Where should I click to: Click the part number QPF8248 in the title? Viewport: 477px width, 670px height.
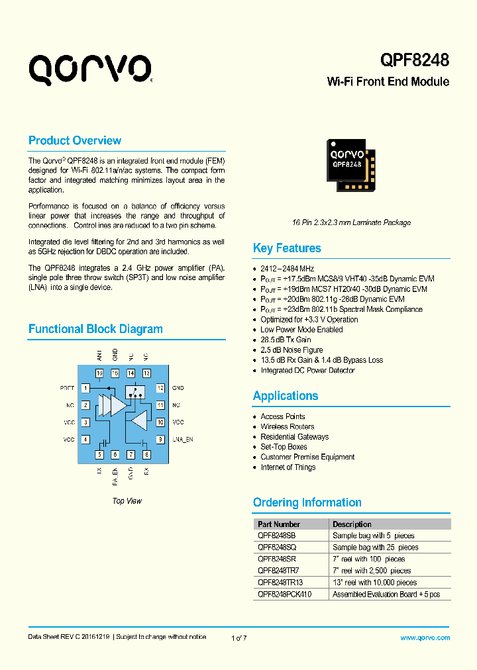tap(415, 60)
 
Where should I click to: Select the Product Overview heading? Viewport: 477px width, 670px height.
tap(75, 140)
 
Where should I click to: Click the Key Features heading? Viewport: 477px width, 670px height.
tap(287, 248)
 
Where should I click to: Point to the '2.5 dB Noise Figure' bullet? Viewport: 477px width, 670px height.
tap(291, 350)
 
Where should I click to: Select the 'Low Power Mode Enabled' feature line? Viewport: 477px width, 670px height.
tap(301, 330)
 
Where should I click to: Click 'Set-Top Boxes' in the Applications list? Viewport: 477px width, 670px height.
tap(284, 447)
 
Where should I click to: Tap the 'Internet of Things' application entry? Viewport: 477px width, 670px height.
tap(288, 467)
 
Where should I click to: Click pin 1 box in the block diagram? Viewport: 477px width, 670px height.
tap(85, 388)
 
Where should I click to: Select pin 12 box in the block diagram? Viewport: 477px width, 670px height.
tap(160, 388)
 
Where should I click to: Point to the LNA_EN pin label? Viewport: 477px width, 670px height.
tap(182, 440)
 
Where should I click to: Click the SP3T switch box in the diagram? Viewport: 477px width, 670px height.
tap(134, 392)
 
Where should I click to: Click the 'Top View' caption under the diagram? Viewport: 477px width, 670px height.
tap(127, 501)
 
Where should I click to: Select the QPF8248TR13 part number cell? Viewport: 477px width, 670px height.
tap(280, 583)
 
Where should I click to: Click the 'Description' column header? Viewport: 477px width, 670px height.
tap(352, 524)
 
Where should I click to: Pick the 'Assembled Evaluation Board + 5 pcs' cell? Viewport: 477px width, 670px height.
tap(386, 595)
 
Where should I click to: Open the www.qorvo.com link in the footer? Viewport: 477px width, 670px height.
tap(425, 638)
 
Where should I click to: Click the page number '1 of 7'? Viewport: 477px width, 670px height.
tap(238, 638)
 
